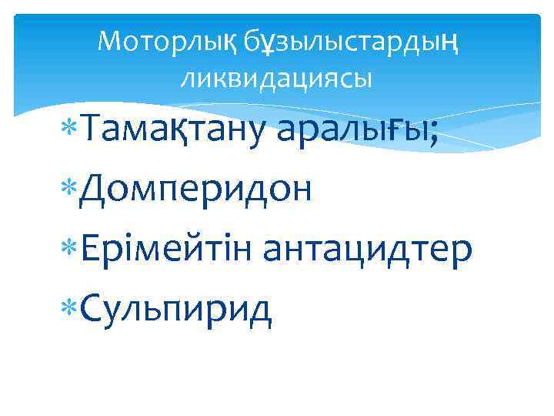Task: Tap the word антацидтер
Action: pyautogui.click(x=367, y=248)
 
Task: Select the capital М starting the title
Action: pyautogui.click(x=110, y=42)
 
